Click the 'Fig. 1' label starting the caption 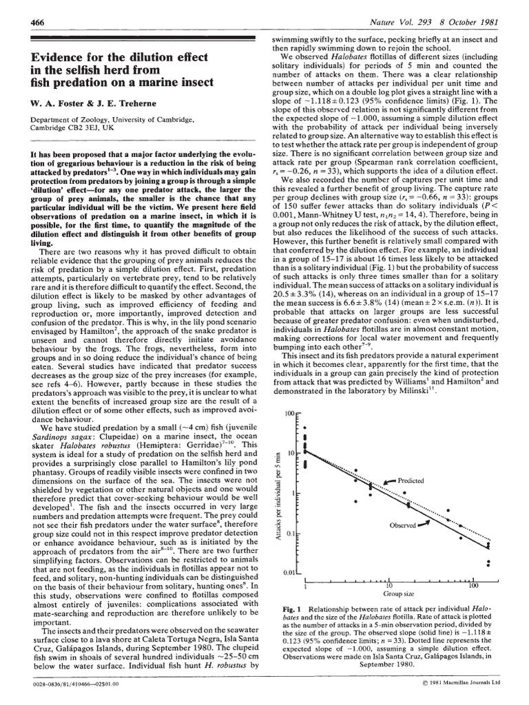293,610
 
